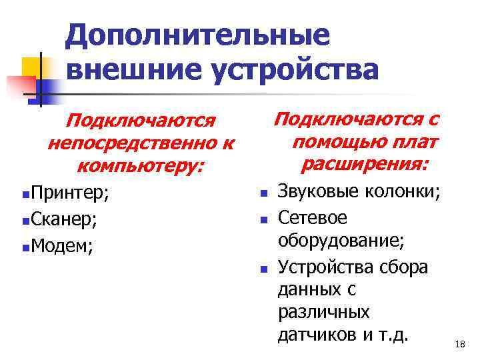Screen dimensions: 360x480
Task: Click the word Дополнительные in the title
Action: [x=198, y=36]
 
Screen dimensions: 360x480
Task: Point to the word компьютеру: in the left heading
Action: [x=141, y=165]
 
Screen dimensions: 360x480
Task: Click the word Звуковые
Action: [x=318, y=193]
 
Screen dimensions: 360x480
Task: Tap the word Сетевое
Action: [x=313, y=218]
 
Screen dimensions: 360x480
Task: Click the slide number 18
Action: [x=459, y=344]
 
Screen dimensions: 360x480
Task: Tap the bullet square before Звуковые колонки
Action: [x=263, y=195]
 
